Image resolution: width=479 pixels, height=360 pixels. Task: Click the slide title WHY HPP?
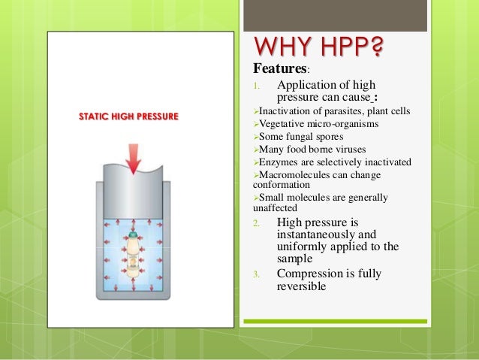point(318,49)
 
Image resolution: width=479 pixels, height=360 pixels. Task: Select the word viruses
point(351,150)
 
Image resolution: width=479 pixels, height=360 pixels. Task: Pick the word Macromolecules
point(298,174)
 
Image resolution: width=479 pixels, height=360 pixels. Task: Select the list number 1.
point(256,85)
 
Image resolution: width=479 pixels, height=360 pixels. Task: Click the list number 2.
point(256,223)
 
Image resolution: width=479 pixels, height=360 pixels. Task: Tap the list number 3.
point(256,274)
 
